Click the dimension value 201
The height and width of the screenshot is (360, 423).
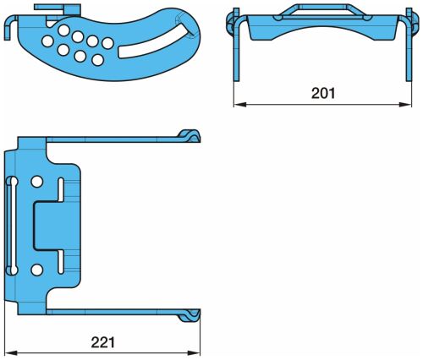click(x=323, y=93)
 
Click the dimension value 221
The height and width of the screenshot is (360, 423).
click(x=103, y=342)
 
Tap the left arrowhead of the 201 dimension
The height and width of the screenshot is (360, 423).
click(x=240, y=105)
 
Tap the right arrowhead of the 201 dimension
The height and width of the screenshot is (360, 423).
click(x=405, y=105)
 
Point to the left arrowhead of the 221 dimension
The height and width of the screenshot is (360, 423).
click(x=11, y=353)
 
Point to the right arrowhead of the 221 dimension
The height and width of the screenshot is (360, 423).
click(x=194, y=353)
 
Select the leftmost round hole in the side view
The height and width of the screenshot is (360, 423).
click(x=47, y=41)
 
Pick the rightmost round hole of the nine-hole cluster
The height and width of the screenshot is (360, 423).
click(x=107, y=43)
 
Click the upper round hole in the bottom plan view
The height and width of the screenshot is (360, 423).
click(x=37, y=182)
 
